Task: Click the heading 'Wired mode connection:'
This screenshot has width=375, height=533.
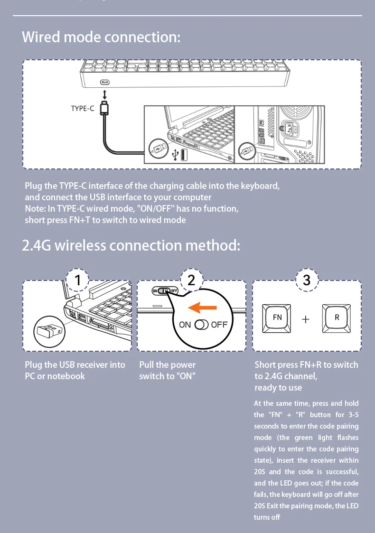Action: click(x=101, y=37)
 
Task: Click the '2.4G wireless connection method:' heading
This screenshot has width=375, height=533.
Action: click(x=131, y=245)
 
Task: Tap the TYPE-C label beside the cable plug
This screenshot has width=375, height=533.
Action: click(x=83, y=108)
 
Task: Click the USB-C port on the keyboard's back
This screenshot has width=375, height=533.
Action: click(x=104, y=83)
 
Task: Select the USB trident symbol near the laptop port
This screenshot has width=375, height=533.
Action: click(x=175, y=154)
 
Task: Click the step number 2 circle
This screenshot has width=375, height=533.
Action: click(x=191, y=281)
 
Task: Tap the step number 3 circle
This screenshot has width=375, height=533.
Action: click(x=306, y=281)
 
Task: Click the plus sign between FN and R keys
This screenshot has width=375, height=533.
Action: click(x=306, y=319)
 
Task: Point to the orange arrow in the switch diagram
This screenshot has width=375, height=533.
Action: click(x=203, y=308)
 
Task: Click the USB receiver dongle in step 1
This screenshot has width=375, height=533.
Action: click(x=47, y=329)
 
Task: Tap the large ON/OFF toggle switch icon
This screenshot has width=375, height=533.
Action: click(x=202, y=325)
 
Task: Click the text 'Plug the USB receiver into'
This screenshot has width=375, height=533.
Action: click(x=75, y=365)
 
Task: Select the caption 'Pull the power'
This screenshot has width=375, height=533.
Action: click(x=167, y=365)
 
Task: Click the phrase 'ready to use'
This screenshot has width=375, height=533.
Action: click(x=278, y=387)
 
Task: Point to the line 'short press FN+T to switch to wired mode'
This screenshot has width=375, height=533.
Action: click(x=105, y=220)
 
